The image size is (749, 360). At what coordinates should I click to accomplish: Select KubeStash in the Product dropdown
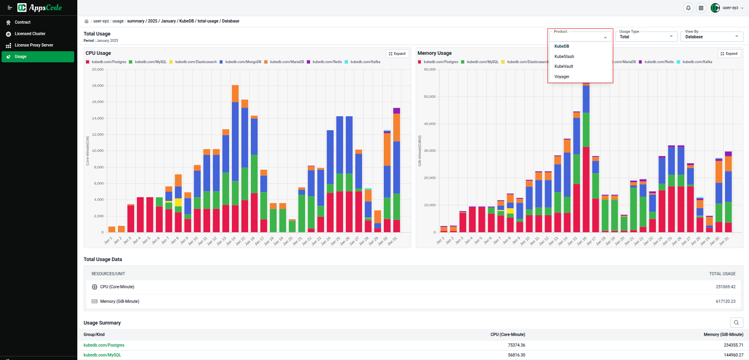(x=564, y=56)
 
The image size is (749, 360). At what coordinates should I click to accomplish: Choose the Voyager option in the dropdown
(x=562, y=76)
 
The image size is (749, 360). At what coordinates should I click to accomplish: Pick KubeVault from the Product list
(x=564, y=66)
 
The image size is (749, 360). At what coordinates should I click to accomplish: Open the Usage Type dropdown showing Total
(x=646, y=37)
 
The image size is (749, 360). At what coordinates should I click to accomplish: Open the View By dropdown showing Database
(x=711, y=37)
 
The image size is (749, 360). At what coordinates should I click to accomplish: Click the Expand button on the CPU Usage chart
(x=397, y=54)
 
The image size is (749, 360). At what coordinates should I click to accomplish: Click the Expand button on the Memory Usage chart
(x=729, y=54)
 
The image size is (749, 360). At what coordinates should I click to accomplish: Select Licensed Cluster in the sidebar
(x=30, y=34)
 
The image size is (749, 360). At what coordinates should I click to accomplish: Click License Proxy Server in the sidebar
(x=34, y=45)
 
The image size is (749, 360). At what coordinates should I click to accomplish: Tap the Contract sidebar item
(x=22, y=22)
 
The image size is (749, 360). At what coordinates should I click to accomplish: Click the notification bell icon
(x=688, y=8)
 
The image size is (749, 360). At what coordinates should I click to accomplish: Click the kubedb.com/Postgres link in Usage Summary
(x=104, y=345)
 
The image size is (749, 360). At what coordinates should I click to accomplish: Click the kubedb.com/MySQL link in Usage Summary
(x=102, y=355)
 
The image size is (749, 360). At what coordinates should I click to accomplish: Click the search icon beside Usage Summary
(x=736, y=323)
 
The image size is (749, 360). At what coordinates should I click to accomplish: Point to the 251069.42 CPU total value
(x=725, y=287)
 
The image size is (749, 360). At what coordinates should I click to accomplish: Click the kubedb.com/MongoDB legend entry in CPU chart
(x=243, y=62)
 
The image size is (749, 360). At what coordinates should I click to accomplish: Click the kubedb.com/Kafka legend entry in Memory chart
(x=697, y=62)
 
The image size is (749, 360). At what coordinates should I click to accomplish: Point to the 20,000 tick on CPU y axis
(x=97, y=69)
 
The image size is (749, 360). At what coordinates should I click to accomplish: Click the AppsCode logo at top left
(x=40, y=7)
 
